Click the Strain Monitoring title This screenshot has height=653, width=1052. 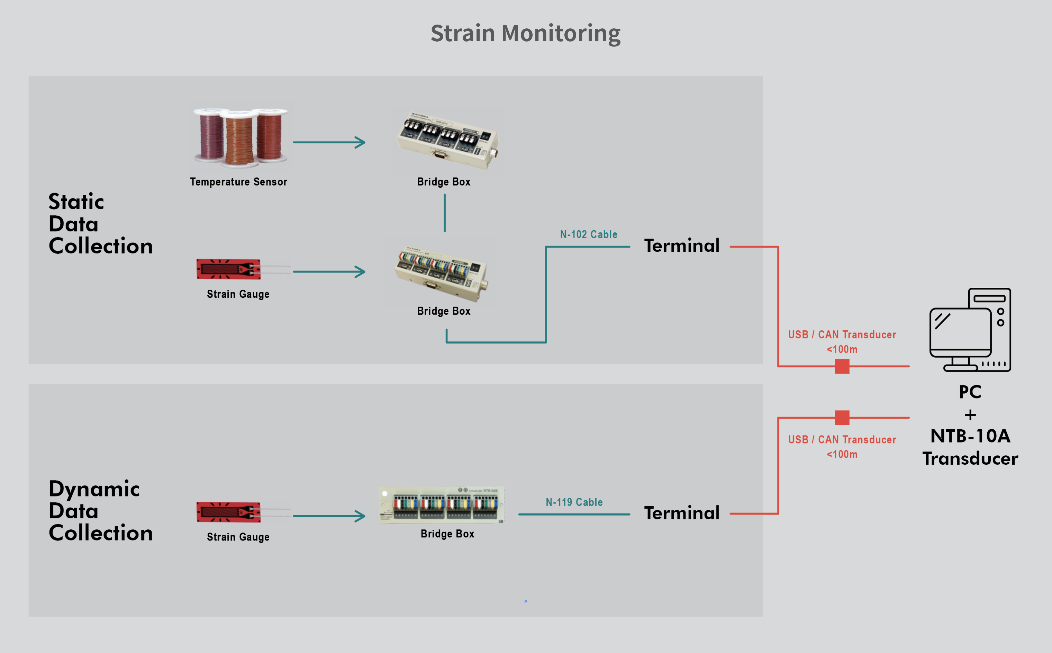(525, 33)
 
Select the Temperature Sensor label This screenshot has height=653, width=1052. (238, 182)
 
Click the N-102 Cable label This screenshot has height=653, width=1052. (588, 234)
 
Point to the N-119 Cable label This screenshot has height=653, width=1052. (574, 502)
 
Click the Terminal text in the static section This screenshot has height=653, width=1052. (682, 246)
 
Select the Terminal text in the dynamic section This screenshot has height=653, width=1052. (682, 513)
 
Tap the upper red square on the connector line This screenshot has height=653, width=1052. (842, 366)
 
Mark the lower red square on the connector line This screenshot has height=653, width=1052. (842, 418)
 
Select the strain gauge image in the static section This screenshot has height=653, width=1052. (229, 269)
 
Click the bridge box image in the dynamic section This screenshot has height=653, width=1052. (441, 505)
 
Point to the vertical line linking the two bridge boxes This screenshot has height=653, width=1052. (445, 213)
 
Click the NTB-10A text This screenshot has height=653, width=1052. (970, 436)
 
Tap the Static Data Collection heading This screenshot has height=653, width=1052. (100, 224)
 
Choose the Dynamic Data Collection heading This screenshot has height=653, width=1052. (100, 511)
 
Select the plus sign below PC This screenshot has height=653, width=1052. (970, 415)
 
